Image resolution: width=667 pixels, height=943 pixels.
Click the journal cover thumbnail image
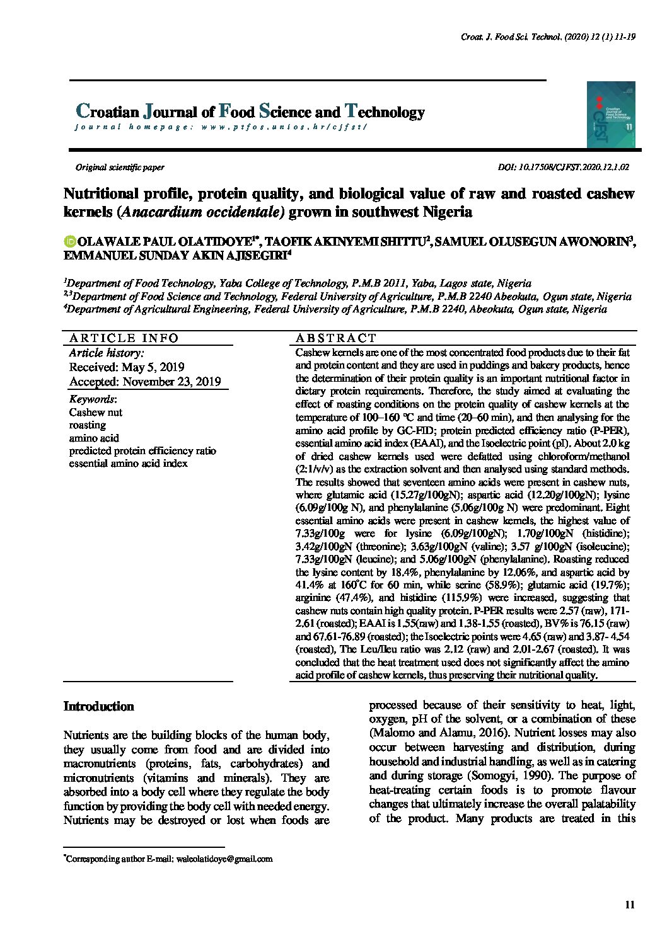(x=611, y=115)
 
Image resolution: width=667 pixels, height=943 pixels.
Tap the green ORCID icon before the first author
(x=69, y=241)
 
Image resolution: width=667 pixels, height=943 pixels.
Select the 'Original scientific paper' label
(x=120, y=168)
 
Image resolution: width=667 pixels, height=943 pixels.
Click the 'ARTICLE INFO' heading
(x=124, y=338)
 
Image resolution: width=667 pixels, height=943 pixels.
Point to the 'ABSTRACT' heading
(x=336, y=338)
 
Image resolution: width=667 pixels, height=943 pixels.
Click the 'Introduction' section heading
(x=98, y=706)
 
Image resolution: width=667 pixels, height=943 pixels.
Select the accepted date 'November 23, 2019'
(x=171, y=382)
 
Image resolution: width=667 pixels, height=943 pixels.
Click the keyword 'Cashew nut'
(x=96, y=413)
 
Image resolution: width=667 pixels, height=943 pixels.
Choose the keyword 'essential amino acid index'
(x=128, y=464)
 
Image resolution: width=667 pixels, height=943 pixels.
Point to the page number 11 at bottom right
(x=629, y=905)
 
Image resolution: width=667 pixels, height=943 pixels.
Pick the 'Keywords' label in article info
(x=92, y=399)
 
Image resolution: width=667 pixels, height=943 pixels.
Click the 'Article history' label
(x=107, y=353)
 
